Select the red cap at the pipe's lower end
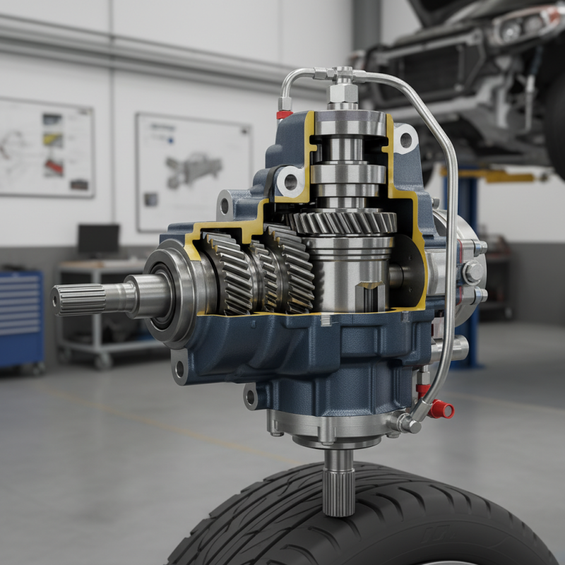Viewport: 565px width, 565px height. [x=443, y=409]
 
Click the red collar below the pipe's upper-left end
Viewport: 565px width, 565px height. [x=284, y=114]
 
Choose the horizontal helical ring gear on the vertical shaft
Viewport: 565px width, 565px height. [x=343, y=222]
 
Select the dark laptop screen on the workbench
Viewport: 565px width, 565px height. [x=99, y=240]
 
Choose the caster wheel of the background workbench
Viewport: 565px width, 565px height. [x=105, y=361]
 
